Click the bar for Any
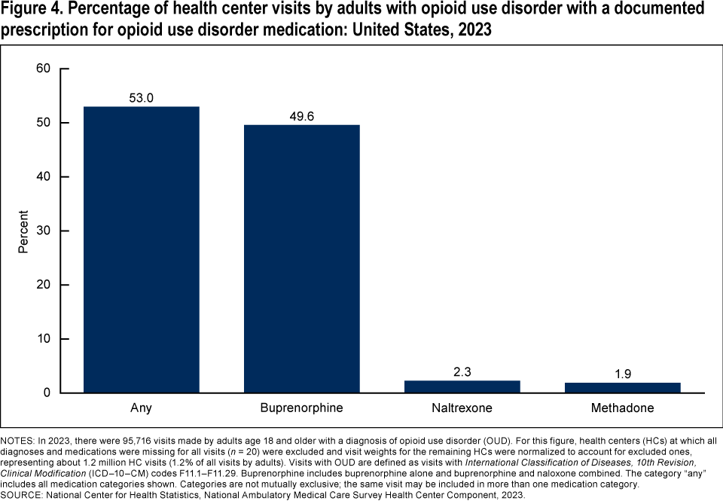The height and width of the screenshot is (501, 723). click(x=142, y=249)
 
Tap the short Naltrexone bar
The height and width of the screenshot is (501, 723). click(x=462, y=386)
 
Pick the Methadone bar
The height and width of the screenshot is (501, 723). click(x=623, y=388)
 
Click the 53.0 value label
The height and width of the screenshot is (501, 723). click(x=142, y=97)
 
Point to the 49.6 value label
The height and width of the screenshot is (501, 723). click(x=302, y=115)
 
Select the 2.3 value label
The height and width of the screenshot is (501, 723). click(x=462, y=371)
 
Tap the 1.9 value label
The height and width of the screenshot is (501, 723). click(x=623, y=374)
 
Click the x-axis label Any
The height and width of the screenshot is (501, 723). click(x=142, y=408)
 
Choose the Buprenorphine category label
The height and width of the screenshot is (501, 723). click(x=302, y=408)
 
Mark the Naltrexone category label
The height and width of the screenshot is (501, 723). click(x=462, y=408)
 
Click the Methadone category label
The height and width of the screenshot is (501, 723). click(x=623, y=408)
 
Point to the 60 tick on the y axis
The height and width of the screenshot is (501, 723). click(x=43, y=69)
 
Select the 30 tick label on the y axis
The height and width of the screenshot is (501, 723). click(x=43, y=231)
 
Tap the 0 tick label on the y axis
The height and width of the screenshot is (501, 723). click(x=47, y=393)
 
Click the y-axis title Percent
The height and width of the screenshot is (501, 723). click(x=23, y=231)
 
